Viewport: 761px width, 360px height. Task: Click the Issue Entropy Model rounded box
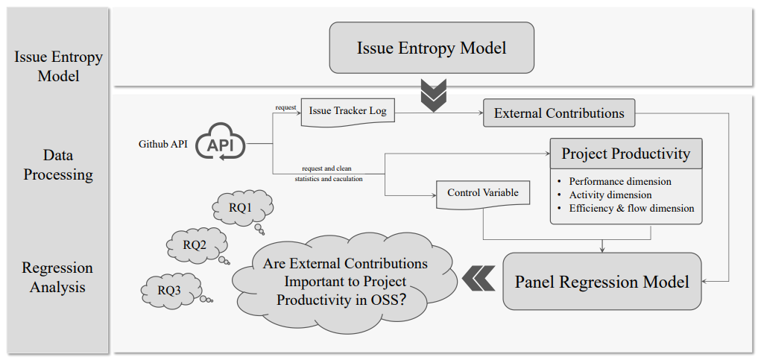tap(432, 48)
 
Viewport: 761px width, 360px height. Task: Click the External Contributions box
tap(559, 114)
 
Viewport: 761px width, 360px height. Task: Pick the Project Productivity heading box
tap(625, 154)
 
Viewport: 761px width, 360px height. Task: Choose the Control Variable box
tap(483, 193)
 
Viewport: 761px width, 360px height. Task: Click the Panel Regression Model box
tap(601, 282)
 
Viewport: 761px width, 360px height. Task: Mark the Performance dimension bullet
tap(619, 181)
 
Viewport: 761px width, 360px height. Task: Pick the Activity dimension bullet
tap(610, 195)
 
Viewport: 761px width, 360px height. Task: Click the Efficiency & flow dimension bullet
tap(631, 208)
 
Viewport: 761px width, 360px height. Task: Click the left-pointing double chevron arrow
tap(478, 279)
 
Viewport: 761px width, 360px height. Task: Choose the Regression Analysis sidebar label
tap(57, 277)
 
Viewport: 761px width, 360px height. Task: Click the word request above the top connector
tap(285, 107)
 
